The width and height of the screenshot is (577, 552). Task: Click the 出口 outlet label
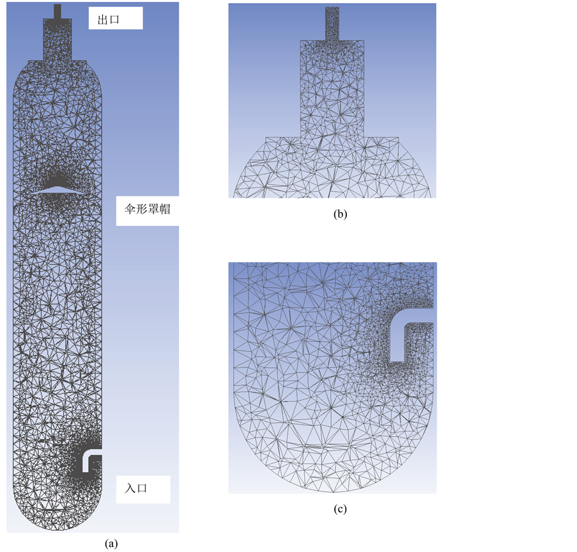pos(108,20)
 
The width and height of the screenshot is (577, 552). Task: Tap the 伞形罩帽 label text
pos(147,209)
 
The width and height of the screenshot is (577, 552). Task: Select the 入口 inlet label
pos(136,488)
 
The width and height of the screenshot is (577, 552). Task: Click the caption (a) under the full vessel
pos(111,544)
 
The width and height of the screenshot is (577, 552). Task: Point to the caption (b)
pos(340,214)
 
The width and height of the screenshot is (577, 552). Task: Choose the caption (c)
pos(340,509)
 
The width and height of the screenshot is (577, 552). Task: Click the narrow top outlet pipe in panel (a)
pos(57,12)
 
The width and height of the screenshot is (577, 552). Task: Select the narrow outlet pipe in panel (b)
pos(332,24)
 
